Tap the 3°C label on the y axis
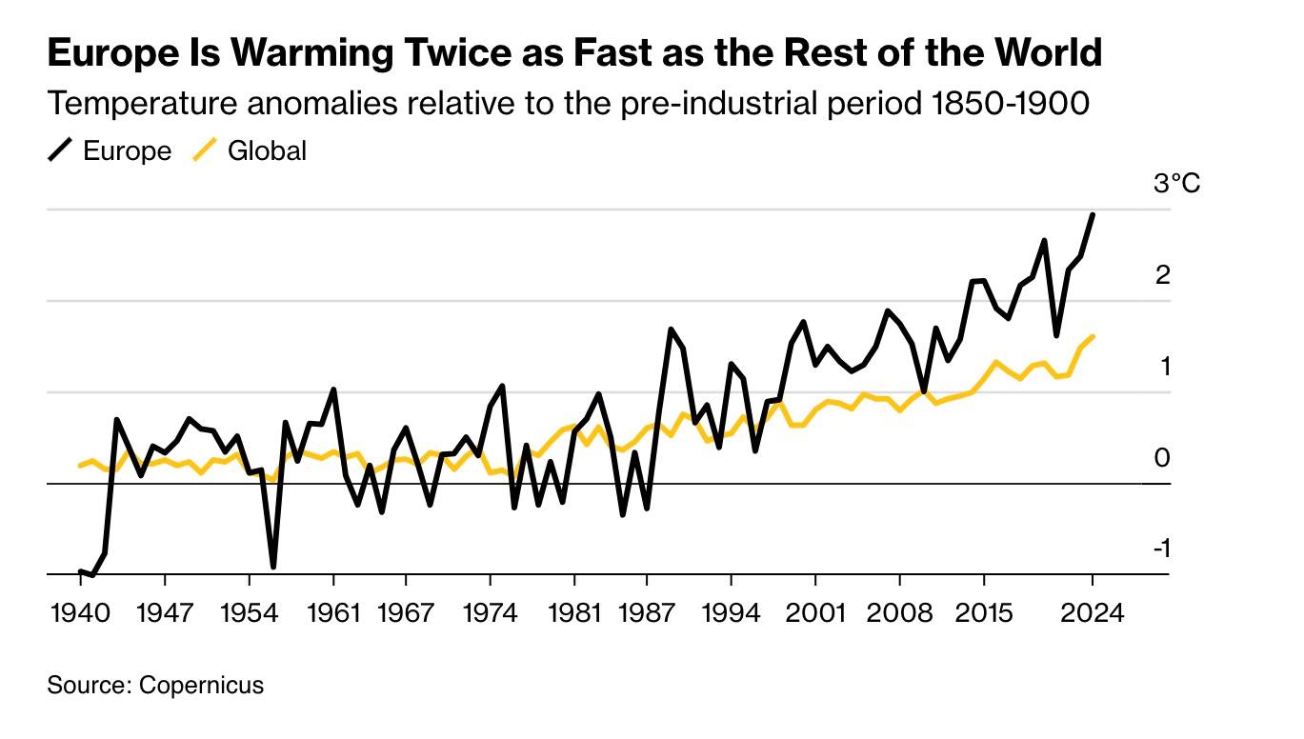tap(1177, 183)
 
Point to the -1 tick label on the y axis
tap(1161, 549)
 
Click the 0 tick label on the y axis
tap(1162, 458)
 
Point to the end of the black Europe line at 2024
tap(1093, 215)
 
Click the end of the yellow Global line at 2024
tap(1093, 336)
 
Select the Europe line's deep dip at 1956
tap(273, 567)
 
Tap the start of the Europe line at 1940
tap(80, 571)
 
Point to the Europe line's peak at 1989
tap(671, 330)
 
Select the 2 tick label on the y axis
tap(1162, 275)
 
